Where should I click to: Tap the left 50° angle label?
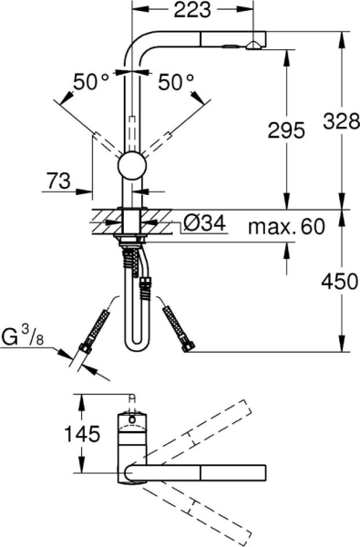91,83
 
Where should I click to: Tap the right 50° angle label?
177,83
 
